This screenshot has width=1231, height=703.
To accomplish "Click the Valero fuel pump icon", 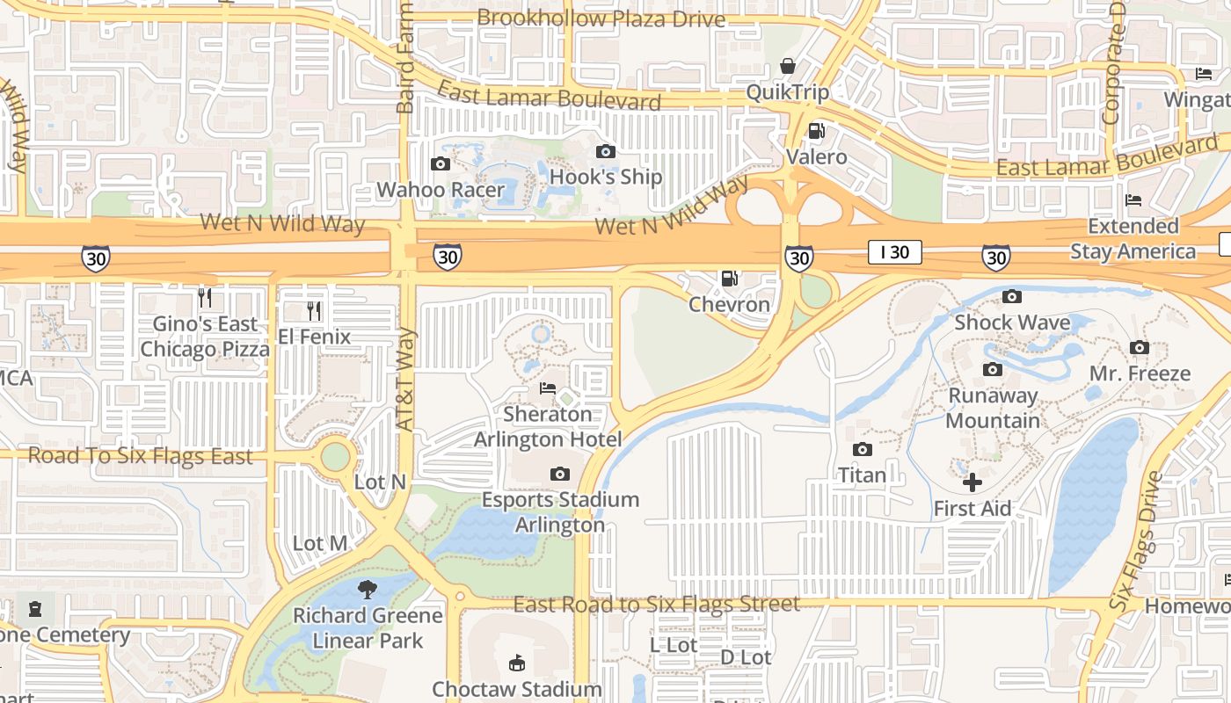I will point(816,131).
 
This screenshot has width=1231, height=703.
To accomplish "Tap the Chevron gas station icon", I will point(729,279).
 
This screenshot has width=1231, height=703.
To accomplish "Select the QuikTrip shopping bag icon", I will point(788,66).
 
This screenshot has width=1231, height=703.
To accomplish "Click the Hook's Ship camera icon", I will point(605,151).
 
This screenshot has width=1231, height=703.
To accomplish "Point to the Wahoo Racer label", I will point(441,190).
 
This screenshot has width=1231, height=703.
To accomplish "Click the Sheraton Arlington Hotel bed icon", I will point(548,388).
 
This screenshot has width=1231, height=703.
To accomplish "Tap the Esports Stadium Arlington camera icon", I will point(559,475).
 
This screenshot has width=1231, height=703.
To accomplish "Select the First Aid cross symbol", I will point(972,482).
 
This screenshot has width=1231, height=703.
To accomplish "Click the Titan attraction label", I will point(862,475).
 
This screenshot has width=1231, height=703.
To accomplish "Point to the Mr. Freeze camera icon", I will point(1139,348).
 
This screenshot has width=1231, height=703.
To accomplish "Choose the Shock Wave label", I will point(1012,323).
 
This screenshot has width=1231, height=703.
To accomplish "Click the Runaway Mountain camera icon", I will point(992,370).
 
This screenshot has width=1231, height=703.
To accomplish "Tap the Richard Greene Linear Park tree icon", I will point(368,590).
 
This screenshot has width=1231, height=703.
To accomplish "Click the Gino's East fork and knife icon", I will point(205,297).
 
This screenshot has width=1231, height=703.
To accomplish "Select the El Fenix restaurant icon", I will point(313,310).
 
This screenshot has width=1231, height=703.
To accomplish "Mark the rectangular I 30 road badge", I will point(894,252).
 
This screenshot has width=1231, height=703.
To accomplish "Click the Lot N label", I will point(380,482).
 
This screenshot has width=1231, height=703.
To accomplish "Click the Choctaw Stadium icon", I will point(516,663).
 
